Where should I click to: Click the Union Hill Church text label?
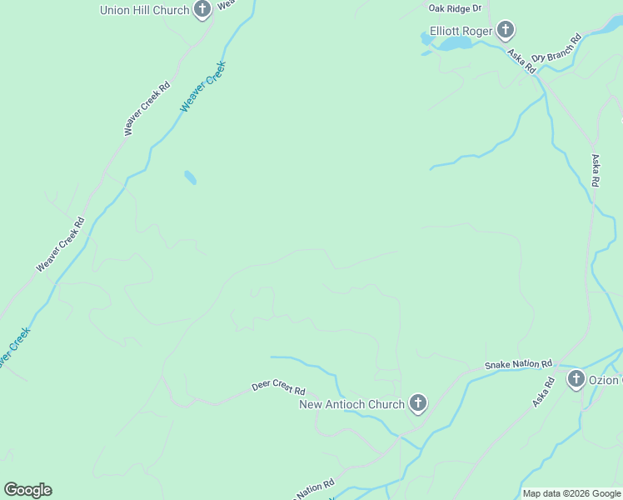click(x=144, y=10)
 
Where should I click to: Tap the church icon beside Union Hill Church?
click(x=202, y=10)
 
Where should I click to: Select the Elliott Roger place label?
click(x=461, y=32)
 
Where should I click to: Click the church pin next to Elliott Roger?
click(x=505, y=32)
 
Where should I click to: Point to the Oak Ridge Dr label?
click(x=456, y=8)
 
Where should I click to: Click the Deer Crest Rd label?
click(x=278, y=389)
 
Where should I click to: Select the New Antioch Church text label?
click(x=351, y=404)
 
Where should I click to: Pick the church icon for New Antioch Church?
click(x=418, y=404)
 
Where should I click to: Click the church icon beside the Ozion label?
click(x=576, y=380)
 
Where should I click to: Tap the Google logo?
click(x=27, y=490)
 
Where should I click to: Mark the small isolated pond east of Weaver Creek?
click(x=191, y=177)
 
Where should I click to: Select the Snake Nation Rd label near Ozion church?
click(x=519, y=365)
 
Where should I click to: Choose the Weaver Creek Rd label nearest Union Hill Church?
click(x=147, y=108)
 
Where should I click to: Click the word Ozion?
click(x=606, y=380)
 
